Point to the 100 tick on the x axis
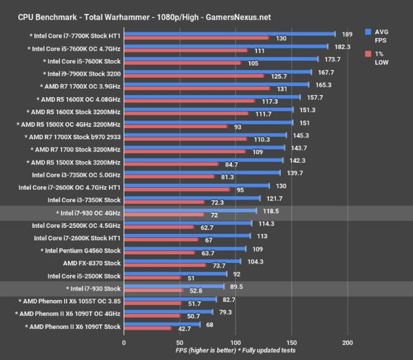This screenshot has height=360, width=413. pyautogui.click(x=236, y=342)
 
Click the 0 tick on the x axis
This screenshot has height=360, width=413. pyautogui.click(x=124, y=342)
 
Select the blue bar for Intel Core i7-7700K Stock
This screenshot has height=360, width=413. pyautogui.click(x=229, y=32)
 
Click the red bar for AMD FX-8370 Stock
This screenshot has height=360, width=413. pyautogui.click(x=165, y=265)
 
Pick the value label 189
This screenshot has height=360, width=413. pyautogui.click(x=348, y=32)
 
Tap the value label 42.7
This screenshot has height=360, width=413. pyautogui.click(x=182, y=330)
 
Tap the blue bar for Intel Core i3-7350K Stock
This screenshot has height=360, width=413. pyautogui.click(x=192, y=199)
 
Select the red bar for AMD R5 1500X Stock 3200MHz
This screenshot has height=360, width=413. pyautogui.click(x=171, y=164)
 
